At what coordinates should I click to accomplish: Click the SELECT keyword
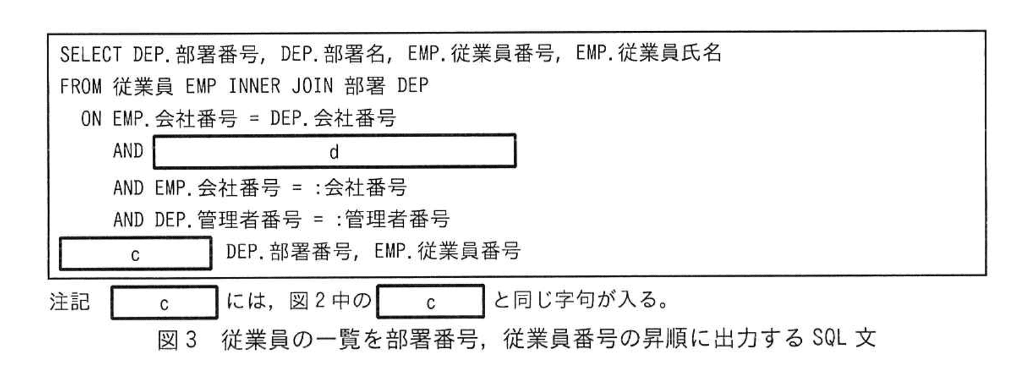pos(90,55)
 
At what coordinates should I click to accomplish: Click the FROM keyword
pos(80,87)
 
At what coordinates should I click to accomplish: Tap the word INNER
pos(253,87)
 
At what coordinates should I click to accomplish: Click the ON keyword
pos(91,119)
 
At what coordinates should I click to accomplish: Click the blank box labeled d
pos(334,152)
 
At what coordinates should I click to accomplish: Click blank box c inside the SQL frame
pos(135,254)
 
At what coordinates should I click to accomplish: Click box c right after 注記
pos(164,303)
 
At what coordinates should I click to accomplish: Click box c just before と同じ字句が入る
pos(430,303)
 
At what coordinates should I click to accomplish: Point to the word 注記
pos(69,302)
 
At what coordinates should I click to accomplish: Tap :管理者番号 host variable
pos(392,220)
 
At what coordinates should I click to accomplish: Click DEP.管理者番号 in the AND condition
pos(228,220)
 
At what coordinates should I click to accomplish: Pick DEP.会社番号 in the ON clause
pos(332,119)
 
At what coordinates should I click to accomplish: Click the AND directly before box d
pos(128,151)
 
